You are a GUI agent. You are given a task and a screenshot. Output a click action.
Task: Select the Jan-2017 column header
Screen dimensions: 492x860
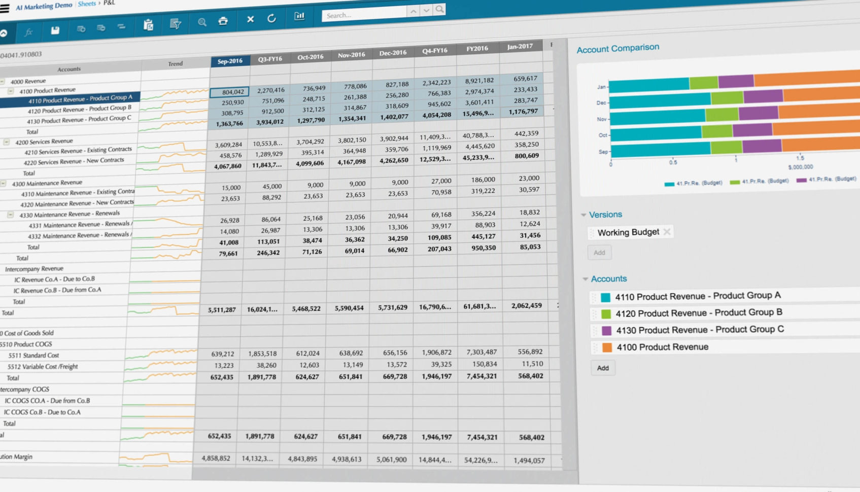[520, 47]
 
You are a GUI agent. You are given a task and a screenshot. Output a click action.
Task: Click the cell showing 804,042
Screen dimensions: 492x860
[229, 92]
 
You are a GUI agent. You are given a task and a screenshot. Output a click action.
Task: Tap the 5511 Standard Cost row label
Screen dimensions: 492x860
[33, 356]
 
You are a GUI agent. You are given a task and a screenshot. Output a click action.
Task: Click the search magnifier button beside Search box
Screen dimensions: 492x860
[439, 9]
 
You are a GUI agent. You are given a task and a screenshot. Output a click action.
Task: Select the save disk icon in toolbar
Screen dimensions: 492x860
[55, 30]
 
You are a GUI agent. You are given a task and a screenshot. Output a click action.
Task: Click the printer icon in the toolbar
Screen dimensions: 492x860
[223, 21]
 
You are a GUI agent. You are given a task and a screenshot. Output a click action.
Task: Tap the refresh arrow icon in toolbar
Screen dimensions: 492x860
[271, 19]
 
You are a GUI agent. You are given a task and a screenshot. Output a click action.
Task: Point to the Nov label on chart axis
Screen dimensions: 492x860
[601, 119]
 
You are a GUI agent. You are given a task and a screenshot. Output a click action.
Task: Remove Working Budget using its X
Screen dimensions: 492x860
[667, 232]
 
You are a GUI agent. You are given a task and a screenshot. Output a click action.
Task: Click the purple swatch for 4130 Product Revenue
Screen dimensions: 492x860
[606, 331]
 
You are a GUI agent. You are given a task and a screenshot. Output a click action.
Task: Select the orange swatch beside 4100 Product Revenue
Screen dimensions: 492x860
[607, 347]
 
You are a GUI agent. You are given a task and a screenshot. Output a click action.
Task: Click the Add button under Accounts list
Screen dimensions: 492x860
[603, 368]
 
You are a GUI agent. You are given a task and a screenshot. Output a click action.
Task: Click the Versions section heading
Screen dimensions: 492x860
[605, 215]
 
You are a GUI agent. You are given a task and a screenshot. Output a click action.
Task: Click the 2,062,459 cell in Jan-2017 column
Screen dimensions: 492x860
[526, 306]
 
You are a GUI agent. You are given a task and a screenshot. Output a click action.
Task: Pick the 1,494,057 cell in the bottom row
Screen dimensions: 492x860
[529, 461]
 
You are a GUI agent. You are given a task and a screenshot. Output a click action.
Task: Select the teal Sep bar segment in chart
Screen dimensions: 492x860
[660, 149]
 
